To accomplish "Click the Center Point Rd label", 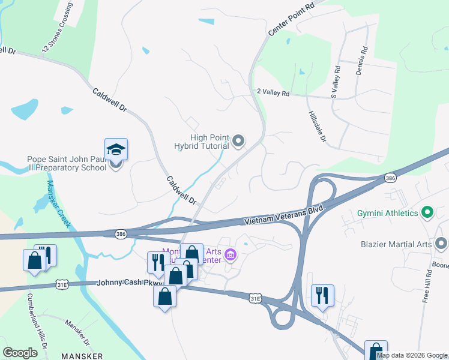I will tap(291, 20).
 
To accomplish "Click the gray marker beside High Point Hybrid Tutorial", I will tap(238, 142).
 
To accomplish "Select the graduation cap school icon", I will tap(116, 149).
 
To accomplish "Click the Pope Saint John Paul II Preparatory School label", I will tap(67, 163).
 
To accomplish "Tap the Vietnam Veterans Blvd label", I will tap(284, 215).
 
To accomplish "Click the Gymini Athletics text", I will tap(386, 213).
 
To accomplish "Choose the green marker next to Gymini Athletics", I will tap(427, 212).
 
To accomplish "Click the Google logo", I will tap(20, 352).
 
